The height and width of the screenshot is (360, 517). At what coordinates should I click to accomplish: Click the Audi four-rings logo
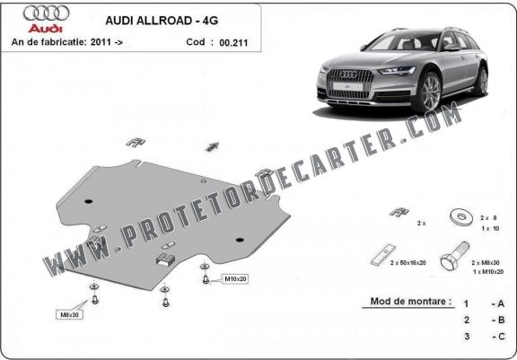coord(46,13)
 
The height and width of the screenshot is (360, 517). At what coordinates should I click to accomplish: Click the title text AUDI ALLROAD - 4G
coord(162,21)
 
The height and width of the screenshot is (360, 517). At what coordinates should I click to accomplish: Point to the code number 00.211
coord(233,42)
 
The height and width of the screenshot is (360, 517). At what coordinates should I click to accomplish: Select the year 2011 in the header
coord(101,42)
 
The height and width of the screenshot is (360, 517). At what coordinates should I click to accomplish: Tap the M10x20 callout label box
coord(235,279)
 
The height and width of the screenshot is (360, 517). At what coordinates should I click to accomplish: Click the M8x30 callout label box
coord(69,314)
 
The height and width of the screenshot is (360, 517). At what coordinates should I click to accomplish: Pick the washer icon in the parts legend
coord(461,217)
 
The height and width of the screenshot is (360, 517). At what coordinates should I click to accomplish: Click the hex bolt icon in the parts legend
coord(454,257)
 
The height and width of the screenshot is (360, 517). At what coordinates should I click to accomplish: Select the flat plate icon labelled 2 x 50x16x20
coord(383,255)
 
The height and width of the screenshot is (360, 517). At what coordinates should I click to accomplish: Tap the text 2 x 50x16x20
coord(407,263)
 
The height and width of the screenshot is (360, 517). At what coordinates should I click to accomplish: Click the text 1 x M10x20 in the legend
coord(488,272)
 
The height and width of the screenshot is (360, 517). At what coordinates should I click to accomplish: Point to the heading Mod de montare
coord(410,302)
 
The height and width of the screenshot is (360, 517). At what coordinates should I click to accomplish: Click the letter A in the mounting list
coord(501,303)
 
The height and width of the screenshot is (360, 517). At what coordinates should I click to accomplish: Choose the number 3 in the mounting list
coord(467,337)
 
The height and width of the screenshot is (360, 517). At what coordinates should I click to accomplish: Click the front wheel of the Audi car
coord(430,92)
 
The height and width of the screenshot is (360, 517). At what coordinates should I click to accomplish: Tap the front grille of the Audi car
coord(349,83)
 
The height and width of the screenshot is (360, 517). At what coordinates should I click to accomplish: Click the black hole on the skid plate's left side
coord(88,201)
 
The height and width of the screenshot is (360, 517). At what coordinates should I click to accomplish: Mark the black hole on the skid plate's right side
coord(240,240)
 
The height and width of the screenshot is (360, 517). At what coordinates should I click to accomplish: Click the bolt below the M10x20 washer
coord(206,279)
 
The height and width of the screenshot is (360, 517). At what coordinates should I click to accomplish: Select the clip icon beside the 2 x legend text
coord(399,212)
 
